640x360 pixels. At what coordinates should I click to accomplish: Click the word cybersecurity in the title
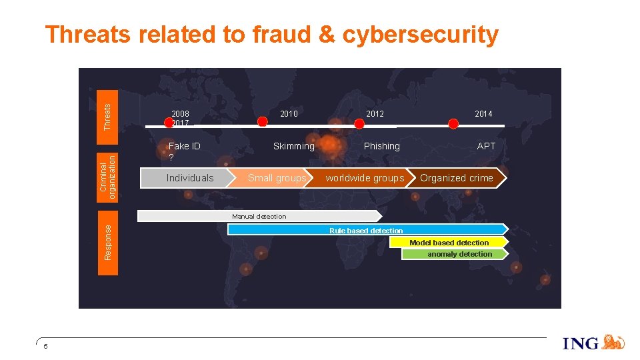420,35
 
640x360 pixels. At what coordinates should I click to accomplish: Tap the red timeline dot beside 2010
263,121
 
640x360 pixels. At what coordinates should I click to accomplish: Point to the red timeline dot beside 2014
453,124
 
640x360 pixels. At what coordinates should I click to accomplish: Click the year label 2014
483,114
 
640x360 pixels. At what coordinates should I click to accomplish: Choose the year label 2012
375,114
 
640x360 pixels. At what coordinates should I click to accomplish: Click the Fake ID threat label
185,146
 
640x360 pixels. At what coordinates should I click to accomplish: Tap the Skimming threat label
293,146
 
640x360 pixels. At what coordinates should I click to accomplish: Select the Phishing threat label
381,146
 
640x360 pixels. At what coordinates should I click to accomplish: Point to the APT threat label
486,146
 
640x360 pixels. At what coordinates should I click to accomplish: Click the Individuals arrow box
189,178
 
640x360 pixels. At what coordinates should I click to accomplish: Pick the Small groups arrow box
277,178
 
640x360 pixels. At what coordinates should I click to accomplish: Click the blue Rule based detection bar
366,230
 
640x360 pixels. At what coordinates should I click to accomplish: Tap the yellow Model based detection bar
449,243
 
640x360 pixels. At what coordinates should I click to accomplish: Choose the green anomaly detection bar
459,254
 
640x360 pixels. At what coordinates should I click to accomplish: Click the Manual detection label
259,216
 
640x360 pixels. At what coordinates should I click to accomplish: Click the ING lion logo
613,343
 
